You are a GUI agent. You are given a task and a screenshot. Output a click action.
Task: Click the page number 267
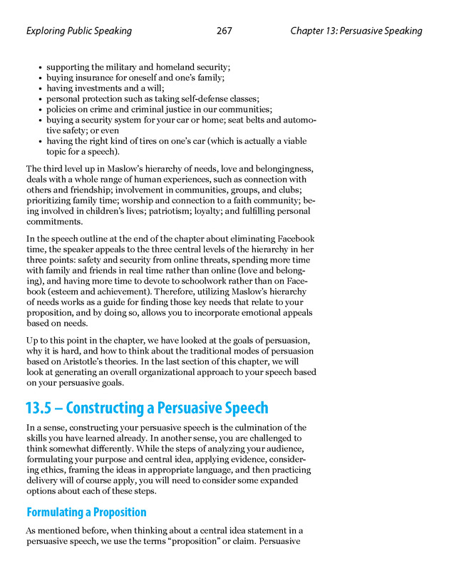point(224,31)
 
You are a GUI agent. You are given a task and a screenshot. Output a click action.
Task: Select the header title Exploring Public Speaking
point(78,31)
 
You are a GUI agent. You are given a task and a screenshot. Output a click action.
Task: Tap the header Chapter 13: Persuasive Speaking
point(356,31)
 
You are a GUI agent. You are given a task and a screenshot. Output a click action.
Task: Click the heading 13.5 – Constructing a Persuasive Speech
point(147,408)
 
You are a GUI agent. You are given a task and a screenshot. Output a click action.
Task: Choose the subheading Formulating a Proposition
point(86,512)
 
